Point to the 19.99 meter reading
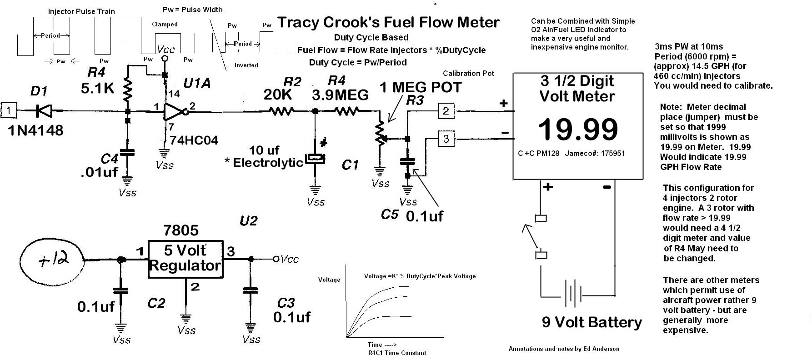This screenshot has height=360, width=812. click(x=578, y=129)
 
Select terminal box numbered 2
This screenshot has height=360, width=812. click(x=446, y=110)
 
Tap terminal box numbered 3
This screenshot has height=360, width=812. click(x=446, y=138)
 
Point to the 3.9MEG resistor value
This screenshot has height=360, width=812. click(x=340, y=95)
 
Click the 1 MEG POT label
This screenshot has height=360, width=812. click(x=421, y=87)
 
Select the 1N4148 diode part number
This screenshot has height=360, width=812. click(x=35, y=131)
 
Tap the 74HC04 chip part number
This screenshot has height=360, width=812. click(x=194, y=140)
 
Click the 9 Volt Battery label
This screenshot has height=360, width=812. click(x=592, y=322)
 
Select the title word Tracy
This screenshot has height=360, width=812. click(x=297, y=22)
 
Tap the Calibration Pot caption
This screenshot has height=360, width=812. click(x=468, y=73)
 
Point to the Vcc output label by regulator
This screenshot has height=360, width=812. click(x=289, y=259)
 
